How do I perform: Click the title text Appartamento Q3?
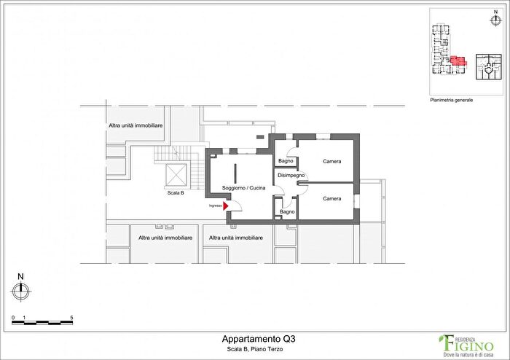click(x=259, y=339)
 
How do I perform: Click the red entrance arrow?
click(x=226, y=206)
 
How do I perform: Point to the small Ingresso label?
click(x=215, y=206)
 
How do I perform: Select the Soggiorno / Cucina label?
click(x=244, y=188)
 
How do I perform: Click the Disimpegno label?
click(x=291, y=175)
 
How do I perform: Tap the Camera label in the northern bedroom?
click(x=332, y=161)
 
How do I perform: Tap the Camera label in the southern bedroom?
click(x=332, y=198)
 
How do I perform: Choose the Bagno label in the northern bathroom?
click(x=286, y=161)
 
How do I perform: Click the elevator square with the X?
click(x=176, y=175)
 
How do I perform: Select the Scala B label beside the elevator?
click(x=176, y=193)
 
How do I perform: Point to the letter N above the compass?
click(x=21, y=276)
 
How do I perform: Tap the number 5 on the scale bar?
click(x=71, y=318)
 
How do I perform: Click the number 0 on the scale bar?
click(x=13, y=318)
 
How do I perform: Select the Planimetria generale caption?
click(x=452, y=100)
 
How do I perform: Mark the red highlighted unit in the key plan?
click(x=458, y=60)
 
